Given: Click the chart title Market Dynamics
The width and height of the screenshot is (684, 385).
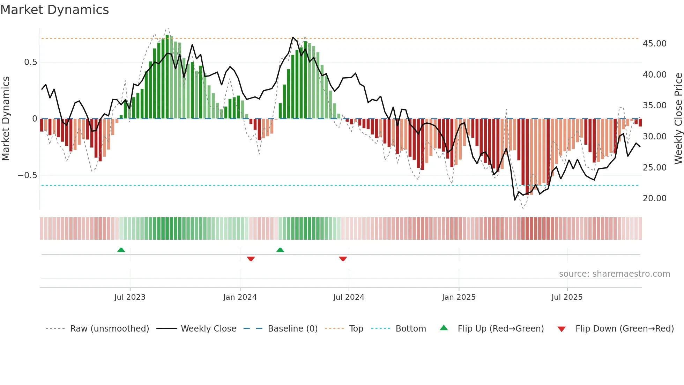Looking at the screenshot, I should click(x=55, y=10).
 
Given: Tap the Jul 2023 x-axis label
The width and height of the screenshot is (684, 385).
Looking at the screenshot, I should click(x=130, y=297).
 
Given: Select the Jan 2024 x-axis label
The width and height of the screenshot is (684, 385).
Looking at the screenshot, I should click(x=240, y=297).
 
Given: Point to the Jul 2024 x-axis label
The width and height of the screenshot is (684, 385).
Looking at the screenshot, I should click(x=349, y=297).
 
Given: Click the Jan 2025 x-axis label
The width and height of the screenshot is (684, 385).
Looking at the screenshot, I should click(x=459, y=297).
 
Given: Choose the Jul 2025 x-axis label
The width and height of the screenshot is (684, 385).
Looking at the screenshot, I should click(x=567, y=297).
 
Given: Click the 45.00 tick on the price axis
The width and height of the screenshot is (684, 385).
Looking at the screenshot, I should click(x=654, y=44).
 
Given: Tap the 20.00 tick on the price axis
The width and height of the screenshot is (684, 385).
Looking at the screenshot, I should click(x=654, y=198).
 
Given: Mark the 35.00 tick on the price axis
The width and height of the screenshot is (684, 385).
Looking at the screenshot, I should click(x=654, y=106).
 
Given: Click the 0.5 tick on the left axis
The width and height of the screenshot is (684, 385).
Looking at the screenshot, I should click(x=30, y=62).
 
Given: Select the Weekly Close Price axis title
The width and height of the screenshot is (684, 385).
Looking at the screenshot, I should click(x=678, y=118).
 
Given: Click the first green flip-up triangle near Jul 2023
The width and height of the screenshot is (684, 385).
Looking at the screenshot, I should click(x=121, y=250).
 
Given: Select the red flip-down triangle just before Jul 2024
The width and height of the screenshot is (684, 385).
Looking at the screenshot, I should click(x=343, y=259).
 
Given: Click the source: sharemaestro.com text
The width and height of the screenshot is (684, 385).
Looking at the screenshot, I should click(x=614, y=274).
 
